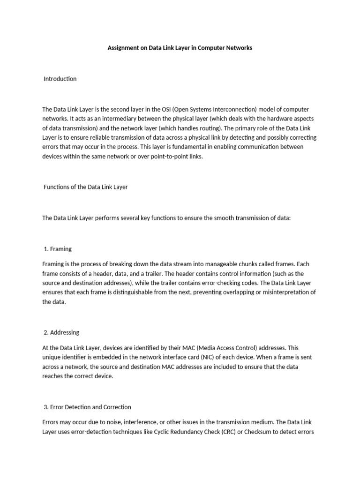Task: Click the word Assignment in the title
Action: click(123, 48)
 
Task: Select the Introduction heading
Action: click(60, 79)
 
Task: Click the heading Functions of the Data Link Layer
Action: click(85, 187)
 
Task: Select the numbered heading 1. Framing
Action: click(58, 249)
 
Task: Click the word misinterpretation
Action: click(282, 292)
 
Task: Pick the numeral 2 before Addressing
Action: click(46, 332)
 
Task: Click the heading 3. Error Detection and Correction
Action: click(87, 407)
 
